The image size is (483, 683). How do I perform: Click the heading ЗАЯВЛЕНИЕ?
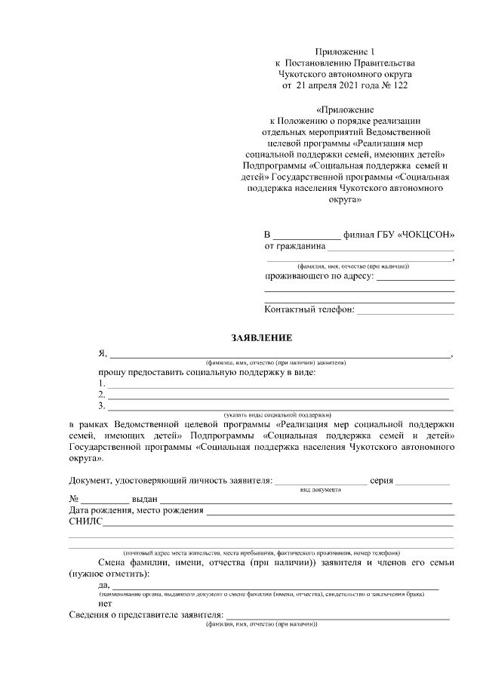[261, 337]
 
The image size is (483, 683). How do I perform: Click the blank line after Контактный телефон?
[405, 310]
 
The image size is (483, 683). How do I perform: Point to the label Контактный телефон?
[309, 309]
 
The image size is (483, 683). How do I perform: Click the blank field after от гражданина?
[391, 248]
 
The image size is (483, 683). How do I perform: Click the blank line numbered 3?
[279, 408]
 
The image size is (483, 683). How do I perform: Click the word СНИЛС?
[85, 521]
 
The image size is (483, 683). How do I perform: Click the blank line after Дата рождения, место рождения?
[330, 512]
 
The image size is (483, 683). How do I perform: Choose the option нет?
[105, 605]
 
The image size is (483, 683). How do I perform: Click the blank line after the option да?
[275, 586]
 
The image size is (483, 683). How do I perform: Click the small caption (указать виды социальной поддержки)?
[278, 415]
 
